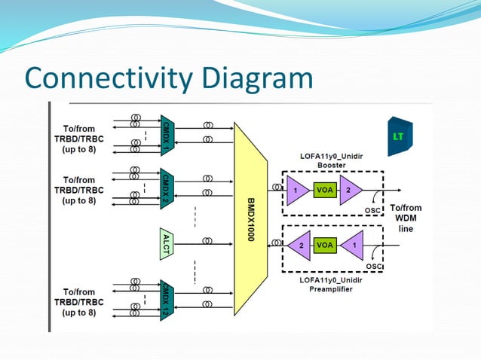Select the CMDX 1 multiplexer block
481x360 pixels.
coord(167,136)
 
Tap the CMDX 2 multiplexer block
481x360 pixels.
coord(167,188)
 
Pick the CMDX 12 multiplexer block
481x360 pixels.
coord(167,300)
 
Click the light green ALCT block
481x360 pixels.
coord(167,243)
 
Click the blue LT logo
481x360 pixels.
coord(399,136)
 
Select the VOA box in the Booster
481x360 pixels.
coord(325,191)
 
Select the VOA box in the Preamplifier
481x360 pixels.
coord(325,245)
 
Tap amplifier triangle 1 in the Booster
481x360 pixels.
coord(296,191)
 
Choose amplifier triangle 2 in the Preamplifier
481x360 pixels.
coord(299,245)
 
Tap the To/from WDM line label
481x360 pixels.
coord(405,218)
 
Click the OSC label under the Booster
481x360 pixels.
coord(372,210)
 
